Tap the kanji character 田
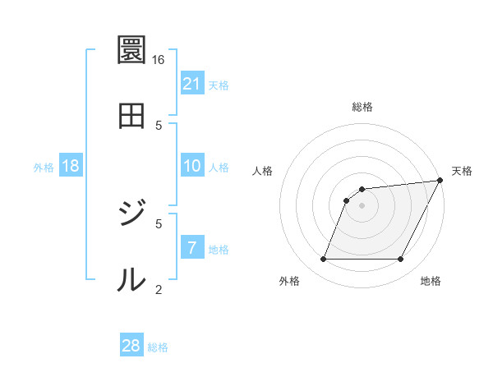(x=131, y=115)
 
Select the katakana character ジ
(x=131, y=214)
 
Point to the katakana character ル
(x=131, y=280)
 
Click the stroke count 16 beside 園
(x=159, y=60)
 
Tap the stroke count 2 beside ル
(x=159, y=288)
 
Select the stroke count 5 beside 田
(x=159, y=124)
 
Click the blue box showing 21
(x=192, y=84)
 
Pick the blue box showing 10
(x=192, y=166)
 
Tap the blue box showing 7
(x=192, y=248)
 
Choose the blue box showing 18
(x=71, y=166)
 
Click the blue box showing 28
(x=131, y=346)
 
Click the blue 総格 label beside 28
(x=158, y=347)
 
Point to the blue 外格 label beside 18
(x=44, y=167)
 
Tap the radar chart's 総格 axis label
(x=362, y=107)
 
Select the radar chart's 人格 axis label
(x=263, y=171)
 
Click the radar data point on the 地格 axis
(x=401, y=260)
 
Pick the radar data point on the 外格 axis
(x=323, y=260)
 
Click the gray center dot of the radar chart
(x=362, y=205)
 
